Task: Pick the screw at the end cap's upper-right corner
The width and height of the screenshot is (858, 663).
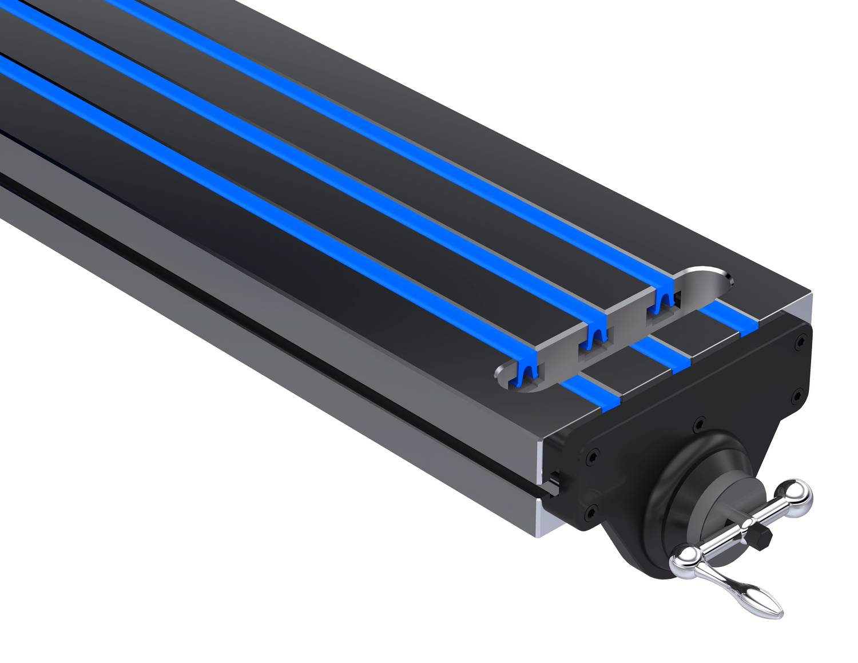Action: [x=800, y=342]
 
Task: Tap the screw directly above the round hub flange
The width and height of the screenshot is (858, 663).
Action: [x=698, y=425]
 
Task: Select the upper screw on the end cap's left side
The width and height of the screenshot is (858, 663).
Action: [x=591, y=456]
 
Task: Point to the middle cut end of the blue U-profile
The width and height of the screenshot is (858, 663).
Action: [x=595, y=338]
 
